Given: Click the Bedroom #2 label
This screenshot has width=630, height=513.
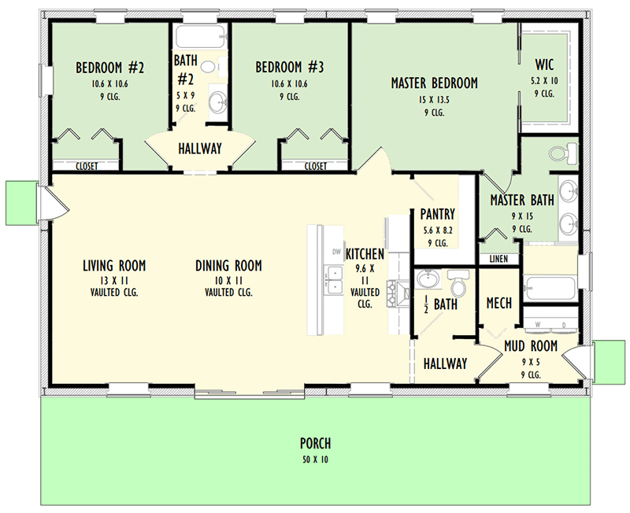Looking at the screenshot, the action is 109,68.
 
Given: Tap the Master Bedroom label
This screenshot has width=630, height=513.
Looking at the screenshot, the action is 435,83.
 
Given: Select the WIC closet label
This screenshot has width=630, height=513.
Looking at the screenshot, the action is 544,65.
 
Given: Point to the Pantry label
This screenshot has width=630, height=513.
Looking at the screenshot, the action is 438,214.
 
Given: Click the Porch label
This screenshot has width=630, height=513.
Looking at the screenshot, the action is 316,444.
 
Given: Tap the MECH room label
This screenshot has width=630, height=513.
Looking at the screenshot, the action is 499,303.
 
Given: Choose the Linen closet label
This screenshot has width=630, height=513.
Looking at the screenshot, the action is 498,260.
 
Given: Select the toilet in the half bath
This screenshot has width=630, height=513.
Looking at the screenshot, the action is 458,282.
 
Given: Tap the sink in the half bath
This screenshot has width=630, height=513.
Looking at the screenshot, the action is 428,279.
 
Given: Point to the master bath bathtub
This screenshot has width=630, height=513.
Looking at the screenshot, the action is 549,288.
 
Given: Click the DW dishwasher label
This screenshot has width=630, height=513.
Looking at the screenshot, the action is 336,252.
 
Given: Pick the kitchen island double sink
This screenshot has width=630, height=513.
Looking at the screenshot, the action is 334,279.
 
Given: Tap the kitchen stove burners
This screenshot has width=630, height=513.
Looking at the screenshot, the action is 391,294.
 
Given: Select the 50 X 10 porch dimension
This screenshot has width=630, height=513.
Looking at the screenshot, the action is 316,459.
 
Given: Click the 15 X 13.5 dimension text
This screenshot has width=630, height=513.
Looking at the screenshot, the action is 435,100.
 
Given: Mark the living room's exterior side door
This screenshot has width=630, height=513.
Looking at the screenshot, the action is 54,204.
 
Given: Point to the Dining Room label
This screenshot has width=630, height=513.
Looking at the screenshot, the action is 228,266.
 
